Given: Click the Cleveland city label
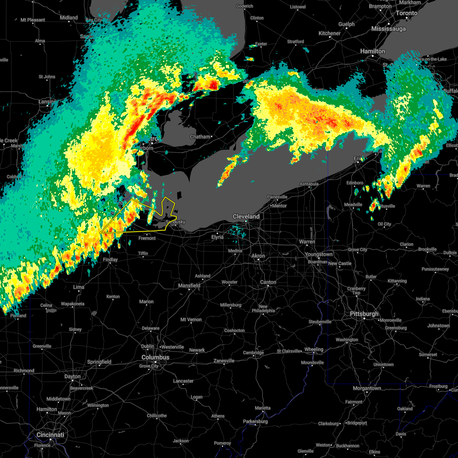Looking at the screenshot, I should [x=246, y=216].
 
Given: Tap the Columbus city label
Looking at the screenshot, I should [x=155, y=357].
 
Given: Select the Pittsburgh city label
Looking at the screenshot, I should [x=364, y=314].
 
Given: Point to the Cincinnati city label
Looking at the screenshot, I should [x=50, y=435].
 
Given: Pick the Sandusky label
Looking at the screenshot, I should [x=175, y=222].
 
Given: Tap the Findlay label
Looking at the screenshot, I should [x=110, y=260].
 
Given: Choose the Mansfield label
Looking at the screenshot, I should [x=189, y=285].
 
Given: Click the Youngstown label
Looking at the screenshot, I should [x=319, y=254].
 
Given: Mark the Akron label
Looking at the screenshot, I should [x=258, y=256].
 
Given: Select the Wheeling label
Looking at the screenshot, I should [x=314, y=349].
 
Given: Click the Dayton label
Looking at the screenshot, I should [x=73, y=376].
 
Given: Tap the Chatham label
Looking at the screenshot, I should [x=200, y=137].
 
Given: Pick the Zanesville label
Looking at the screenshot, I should [x=224, y=361].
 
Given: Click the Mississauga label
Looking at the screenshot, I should [x=388, y=29].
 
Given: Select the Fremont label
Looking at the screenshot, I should [x=147, y=238].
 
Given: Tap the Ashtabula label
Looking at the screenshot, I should [x=309, y=184].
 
